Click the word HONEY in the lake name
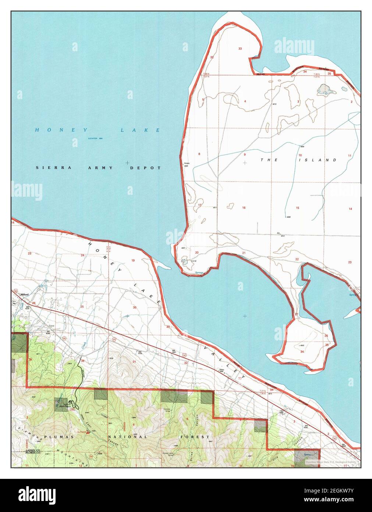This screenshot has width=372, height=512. (61, 130)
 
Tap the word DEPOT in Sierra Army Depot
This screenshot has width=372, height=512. (145, 168)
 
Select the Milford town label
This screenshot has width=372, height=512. (25, 295)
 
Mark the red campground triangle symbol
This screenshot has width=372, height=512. (88, 432)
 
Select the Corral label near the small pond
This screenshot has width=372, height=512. (194, 261)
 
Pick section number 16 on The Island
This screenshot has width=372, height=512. (244, 208)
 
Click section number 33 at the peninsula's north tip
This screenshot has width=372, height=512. (240, 49)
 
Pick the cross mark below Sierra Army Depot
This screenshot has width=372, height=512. (127, 162)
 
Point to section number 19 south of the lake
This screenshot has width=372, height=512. (133, 260)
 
